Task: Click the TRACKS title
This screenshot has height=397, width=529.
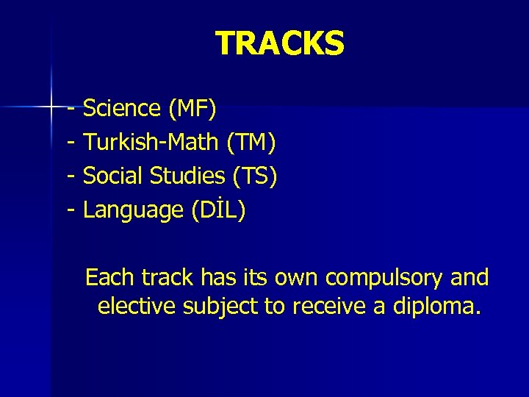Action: pos(279,44)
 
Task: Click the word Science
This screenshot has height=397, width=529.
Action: pos(122,109)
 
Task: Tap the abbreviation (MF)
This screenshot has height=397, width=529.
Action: pos(192,109)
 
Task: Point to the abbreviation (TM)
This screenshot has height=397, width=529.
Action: pos(251,143)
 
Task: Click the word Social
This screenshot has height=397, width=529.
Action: pos(113,176)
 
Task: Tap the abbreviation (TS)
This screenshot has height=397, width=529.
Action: pos(255,176)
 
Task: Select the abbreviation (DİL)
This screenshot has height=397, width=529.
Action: pos(219,211)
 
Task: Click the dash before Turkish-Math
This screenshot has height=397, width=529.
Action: pos(71,143)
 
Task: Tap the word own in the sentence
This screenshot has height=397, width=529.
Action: pos(297,279)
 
